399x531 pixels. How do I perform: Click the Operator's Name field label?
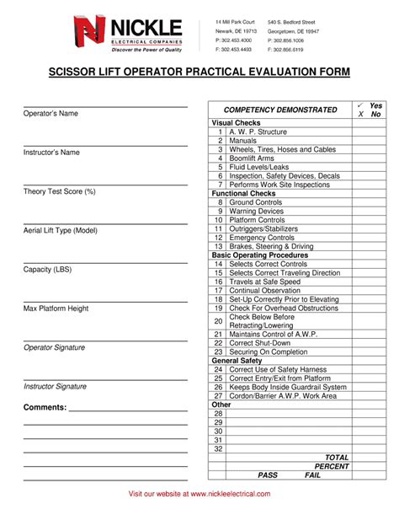pos(51,113)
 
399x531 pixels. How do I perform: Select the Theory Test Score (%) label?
pos(59,191)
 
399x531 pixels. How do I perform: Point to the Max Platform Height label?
pos(56,308)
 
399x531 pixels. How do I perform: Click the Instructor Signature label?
pos(55,386)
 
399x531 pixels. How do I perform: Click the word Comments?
pos(45,407)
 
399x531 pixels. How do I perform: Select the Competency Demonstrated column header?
pos(279,110)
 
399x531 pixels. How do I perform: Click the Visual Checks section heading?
pos(236,123)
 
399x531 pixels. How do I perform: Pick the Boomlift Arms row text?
pos(252,158)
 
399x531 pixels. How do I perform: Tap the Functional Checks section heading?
pos(242,194)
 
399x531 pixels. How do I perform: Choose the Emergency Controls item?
pos(262,238)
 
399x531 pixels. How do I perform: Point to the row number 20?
pos(218,321)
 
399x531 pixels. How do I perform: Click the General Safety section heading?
pos(237,361)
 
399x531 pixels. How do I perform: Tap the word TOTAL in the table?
pos(337,458)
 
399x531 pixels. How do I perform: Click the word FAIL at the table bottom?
pos(312,475)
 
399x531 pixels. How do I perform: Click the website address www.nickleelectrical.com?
pos(229,494)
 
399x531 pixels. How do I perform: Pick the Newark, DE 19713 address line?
pos(235,29)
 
